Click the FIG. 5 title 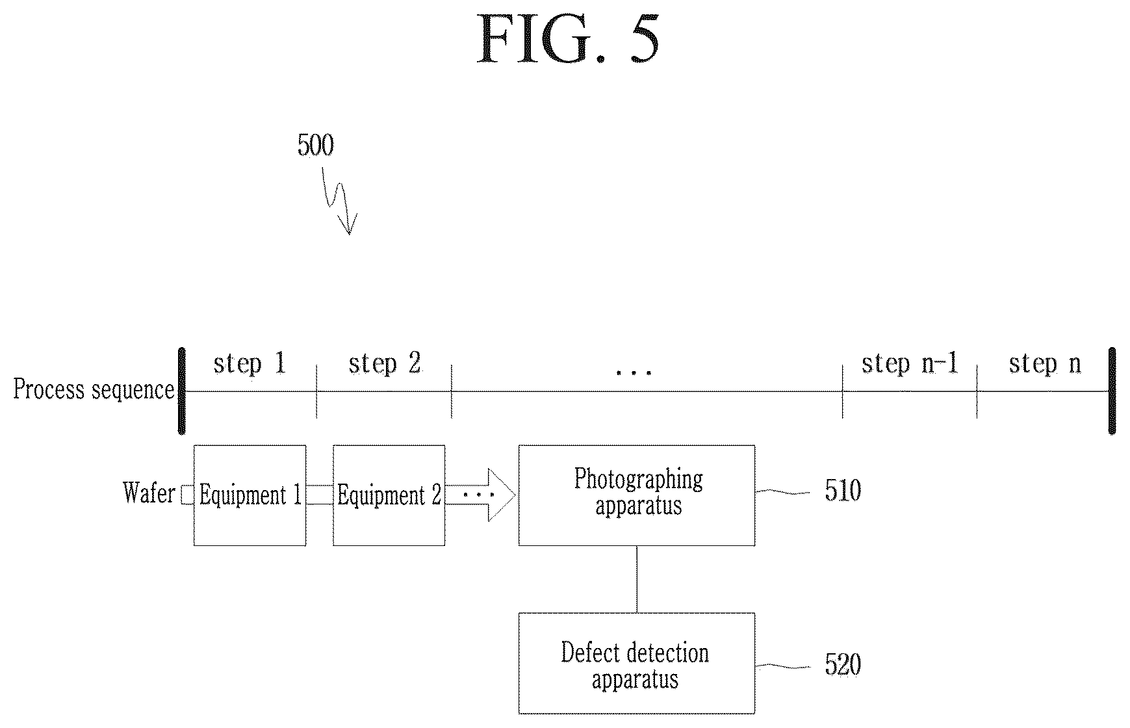pyautogui.click(x=568, y=39)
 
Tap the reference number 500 pyautogui.click(x=316, y=145)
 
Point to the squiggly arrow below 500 pyautogui.click(x=339, y=200)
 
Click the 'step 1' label pyautogui.click(x=250, y=364)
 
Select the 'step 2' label pyautogui.click(x=385, y=364)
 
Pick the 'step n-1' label pyautogui.click(x=910, y=364)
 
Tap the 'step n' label pyautogui.click(x=1045, y=364)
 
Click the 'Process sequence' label pyautogui.click(x=94, y=389)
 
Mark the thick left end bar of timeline pyautogui.click(x=182, y=391)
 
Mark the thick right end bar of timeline pyautogui.click(x=1112, y=391)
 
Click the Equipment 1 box pyautogui.click(x=250, y=495)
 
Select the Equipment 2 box pyautogui.click(x=389, y=495)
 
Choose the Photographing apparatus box pyautogui.click(x=637, y=495)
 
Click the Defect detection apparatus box pyautogui.click(x=637, y=663)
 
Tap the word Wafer pyautogui.click(x=149, y=493)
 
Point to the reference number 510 pyautogui.click(x=843, y=490)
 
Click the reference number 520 pyautogui.click(x=843, y=664)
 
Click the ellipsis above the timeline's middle pyautogui.click(x=634, y=372)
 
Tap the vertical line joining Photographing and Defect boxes pyautogui.click(x=637, y=579)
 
